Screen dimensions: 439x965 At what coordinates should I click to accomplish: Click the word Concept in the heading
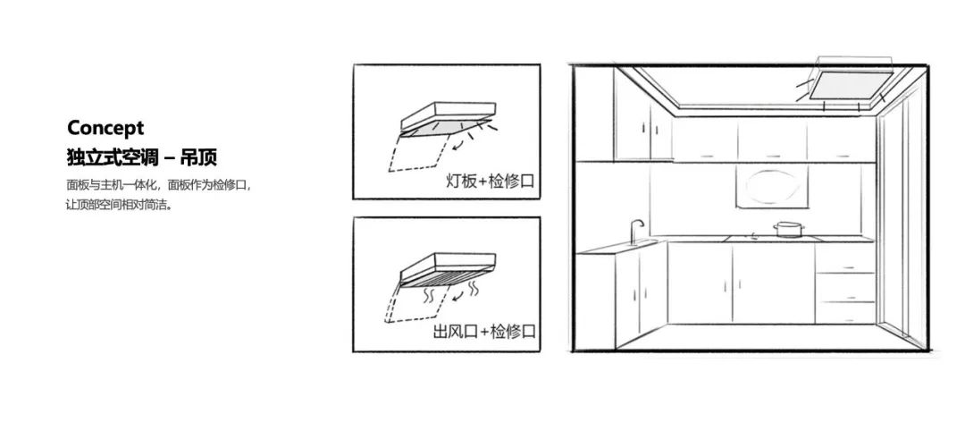pyautogui.click(x=105, y=128)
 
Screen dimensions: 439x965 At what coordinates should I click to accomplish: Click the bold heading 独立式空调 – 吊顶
pyautogui.click(x=142, y=158)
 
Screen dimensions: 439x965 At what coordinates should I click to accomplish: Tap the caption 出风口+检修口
pyautogui.click(x=484, y=332)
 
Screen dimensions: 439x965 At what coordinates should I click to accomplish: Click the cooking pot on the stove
pyautogui.click(x=787, y=230)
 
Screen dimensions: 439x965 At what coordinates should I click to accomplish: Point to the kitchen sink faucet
pyautogui.click(x=635, y=230)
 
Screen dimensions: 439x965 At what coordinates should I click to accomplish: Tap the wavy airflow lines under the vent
pyautogui.click(x=439, y=292)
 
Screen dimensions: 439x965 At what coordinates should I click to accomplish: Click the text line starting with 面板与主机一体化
pyautogui.click(x=159, y=186)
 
